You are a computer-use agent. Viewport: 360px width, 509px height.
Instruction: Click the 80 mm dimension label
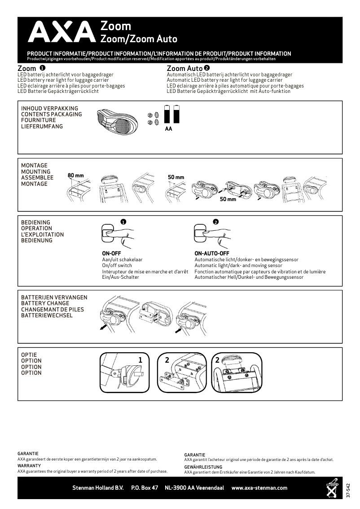[x=76, y=175]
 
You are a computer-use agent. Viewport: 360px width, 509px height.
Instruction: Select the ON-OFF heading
[x=112, y=254]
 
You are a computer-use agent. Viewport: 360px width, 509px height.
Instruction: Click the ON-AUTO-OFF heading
[x=212, y=254]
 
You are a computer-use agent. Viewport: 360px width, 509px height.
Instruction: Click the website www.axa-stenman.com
[x=259, y=488]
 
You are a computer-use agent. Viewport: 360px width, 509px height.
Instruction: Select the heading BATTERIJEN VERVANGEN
[x=54, y=298]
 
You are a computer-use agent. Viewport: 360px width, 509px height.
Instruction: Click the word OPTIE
[x=29, y=355]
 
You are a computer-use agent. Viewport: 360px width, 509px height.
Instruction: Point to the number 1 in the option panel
[x=140, y=360]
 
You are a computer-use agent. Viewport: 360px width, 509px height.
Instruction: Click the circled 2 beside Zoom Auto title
[x=207, y=68]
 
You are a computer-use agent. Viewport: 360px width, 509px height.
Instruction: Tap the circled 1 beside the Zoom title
[x=42, y=68]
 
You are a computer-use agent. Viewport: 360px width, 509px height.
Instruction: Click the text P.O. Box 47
[x=145, y=488]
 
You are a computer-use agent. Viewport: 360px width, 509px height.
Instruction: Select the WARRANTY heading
[x=29, y=466]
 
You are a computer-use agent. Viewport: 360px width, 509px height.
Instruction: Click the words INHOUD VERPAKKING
[x=49, y=109]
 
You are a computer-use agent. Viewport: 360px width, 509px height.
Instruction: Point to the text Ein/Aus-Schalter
[x=121, y=277]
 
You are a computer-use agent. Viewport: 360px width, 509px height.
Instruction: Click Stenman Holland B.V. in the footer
[x=98, y=488]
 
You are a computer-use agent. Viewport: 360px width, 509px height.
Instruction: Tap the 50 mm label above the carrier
[x=176, y=177]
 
